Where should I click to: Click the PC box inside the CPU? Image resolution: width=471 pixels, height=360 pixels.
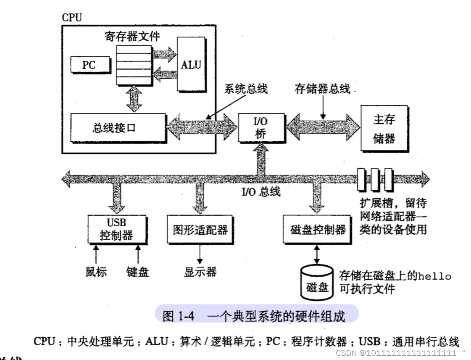[x=89, y=65]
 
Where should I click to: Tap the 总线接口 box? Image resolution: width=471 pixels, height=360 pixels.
[x=114, y=127]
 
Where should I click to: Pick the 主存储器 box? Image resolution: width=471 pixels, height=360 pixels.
[x=384, y=128]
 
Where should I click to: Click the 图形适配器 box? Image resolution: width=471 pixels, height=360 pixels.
[x=200, y=230]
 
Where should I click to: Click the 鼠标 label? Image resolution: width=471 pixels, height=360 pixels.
[x=96, y=272]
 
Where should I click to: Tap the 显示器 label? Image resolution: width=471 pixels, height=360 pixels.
[x=200, y=272]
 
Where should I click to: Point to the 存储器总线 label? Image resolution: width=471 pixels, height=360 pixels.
[x=322, y=90]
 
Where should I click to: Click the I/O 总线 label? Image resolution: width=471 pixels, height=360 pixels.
[x=261, y=192]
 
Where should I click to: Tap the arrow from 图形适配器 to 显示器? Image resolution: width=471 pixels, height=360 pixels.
[x=200, y=253]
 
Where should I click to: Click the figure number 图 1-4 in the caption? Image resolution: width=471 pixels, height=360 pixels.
[x=178, y=316]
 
